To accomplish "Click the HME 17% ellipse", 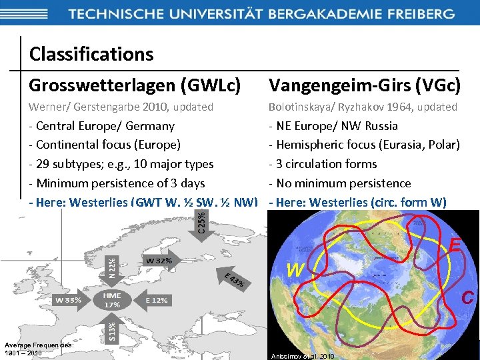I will [111, 300].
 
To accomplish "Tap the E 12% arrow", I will [156, 300].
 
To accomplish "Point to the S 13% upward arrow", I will [111, 329].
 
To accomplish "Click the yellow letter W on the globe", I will [296, 270].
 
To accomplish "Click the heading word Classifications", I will [91, 53].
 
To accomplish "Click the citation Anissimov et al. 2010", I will [302, 356].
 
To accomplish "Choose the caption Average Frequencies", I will [38, 344].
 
